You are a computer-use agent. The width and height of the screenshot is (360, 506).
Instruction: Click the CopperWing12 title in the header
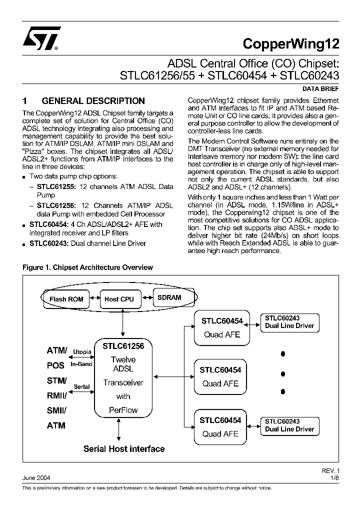290,43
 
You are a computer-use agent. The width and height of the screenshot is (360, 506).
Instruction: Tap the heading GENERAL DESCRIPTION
92,101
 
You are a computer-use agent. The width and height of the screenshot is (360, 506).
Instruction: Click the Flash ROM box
66,299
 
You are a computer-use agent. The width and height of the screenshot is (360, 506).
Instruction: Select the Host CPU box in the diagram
119,299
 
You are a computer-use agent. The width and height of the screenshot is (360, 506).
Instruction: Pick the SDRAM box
169,297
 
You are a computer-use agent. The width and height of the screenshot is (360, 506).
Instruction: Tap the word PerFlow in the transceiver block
123,410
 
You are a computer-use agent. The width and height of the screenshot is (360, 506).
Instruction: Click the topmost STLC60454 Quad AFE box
221,328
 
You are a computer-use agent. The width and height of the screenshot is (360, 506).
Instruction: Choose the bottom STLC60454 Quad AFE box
221,426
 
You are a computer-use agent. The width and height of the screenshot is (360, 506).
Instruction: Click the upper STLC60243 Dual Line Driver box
289,322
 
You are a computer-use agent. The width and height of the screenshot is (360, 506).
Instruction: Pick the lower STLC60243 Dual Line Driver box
289,425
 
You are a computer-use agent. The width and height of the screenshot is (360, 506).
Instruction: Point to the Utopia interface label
82,352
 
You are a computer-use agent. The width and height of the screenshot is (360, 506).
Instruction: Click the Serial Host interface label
123,448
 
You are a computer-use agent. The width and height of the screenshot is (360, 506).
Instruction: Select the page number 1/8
334,478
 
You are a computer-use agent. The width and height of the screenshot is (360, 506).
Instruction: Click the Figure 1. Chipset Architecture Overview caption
87,267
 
